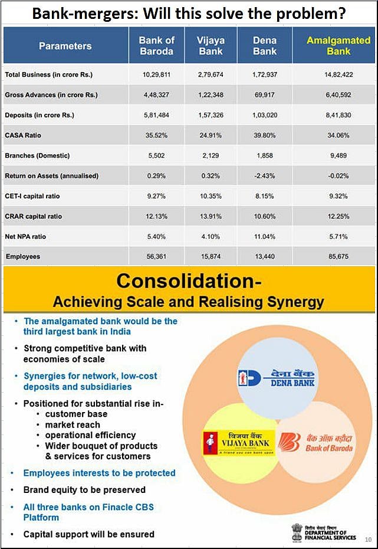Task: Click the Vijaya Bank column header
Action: coord(211,46)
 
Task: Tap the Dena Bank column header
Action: coord(265,46)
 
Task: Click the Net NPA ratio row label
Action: coord(25,237)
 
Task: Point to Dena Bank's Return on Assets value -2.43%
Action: coord(265,176)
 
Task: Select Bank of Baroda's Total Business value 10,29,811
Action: coord(156,75)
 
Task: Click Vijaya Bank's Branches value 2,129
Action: coord(211,156)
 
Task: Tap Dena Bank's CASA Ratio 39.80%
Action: coord(265,135)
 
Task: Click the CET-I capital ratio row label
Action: coord(32,196)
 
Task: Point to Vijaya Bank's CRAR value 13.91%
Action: coord(211,216)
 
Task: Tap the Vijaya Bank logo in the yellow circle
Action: coord(236,443)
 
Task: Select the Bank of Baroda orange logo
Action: coord(315,443)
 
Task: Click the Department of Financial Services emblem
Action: coord(297,531)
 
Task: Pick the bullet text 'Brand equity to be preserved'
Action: coord(84,489)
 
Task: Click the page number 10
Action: coord(368,538)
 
